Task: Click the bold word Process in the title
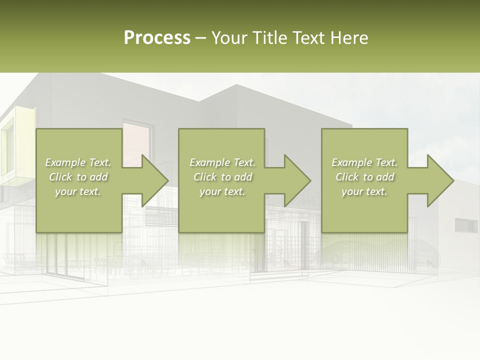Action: pyautogui.click(x=157, y=38)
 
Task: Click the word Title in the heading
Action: pyautogui.click(x=269, y=38)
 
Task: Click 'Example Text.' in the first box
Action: pyautogui.click(x=78, y=162)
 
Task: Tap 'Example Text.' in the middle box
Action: pyautogui.click(x=222, y=162)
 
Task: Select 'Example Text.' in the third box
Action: pyautogui.click(x=364, y=162)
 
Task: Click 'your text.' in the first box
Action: pyautogui.click(x=78, y=191)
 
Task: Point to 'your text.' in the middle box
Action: pyautogui.click(x=222, y=191)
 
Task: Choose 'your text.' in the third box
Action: pyautogui.click(x=364, y=191)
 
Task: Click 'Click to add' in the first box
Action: pyautogui.click(x=78, y=177)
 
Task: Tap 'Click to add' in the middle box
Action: pyautogui.click(x=222, y=177)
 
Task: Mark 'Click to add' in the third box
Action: pyautogui.click(x=364, y=177)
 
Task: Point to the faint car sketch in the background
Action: pyautogui.click(x=345, y=252)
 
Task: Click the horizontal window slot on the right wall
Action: pyautogui.click(x=466, y=225)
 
